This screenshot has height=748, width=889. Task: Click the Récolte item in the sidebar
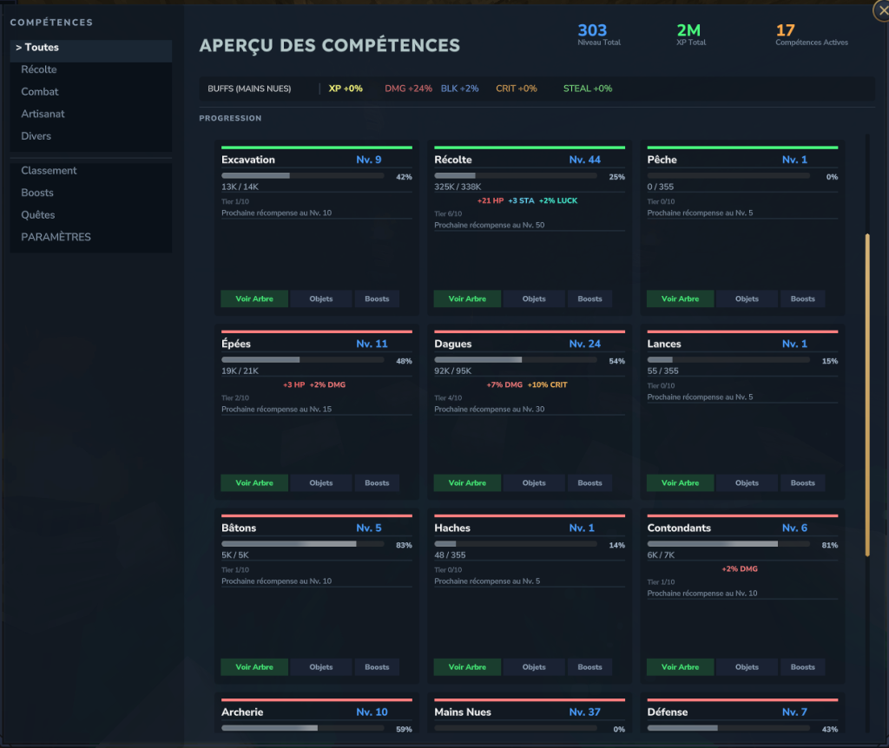click(39, 69)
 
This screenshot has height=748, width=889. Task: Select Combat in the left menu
click(40, 92)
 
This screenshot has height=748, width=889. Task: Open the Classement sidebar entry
click(49, 171)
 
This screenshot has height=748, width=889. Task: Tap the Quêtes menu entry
click(38, 215)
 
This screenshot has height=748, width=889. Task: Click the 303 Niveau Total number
click(592, 31)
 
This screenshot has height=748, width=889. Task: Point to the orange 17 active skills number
click(785, 31)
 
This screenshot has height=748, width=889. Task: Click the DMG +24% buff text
click(408, 89)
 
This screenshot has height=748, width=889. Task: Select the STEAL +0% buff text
click(588, 89)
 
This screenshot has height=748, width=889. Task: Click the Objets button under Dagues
click(534, 483)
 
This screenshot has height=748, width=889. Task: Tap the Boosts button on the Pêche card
click(803, 299)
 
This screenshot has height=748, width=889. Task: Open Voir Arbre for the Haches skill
click(467, 667)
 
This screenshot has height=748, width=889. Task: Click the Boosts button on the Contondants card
click(803, 667)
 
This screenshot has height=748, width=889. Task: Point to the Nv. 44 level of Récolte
click(585, 160)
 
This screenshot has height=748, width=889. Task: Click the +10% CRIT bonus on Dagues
click(548, 384)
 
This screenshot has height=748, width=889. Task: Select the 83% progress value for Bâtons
click(403, 546)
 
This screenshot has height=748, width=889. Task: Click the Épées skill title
click(236, 344)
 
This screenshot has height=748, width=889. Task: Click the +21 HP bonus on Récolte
click(491, 200)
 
